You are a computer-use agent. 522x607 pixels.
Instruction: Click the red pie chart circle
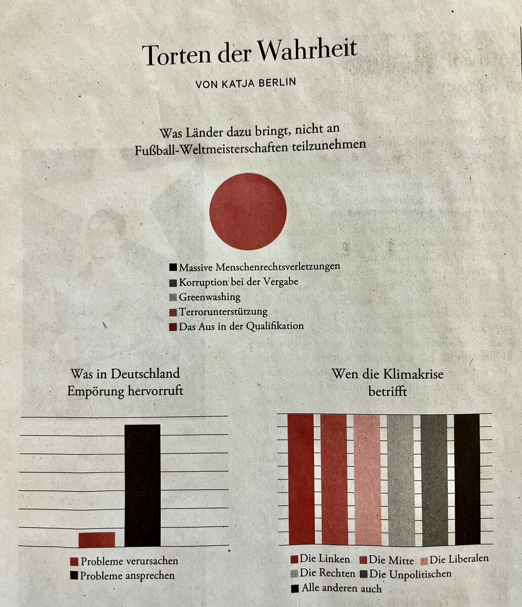[x=248, y=211]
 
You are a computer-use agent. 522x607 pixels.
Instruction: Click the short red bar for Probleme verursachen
[x=97, y=539]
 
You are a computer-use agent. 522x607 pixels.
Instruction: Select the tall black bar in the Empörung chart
[x=142, y=485]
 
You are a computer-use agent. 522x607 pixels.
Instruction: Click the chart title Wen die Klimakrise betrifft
[x=387, y=382]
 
